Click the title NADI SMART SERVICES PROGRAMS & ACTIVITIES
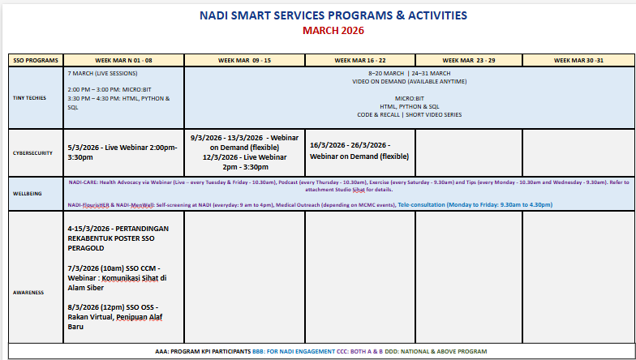pyautogui.click(x=333, y=15)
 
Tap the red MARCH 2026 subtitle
pyautogui.click(x=333, y=31)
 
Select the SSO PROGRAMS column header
pyautogui.click(x=35, y=61)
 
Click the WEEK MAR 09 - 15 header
pyautogui.click(x=244, y=61)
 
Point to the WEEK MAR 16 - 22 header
pyautogui.click(x=359, y=61)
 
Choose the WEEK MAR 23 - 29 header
pyautogui.click(x=468, y=61)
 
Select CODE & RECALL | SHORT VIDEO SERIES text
pyautogui.click(x=409, y=114)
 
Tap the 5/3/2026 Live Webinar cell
pyautogui.click(x=122, y=152)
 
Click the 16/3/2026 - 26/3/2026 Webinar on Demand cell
pyautogui.click(x=359, y=151)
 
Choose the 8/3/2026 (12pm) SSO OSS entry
pyautogui.click(x=118, y=317)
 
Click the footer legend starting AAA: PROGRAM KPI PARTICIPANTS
pyautogui.click(x=320, y=351)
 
